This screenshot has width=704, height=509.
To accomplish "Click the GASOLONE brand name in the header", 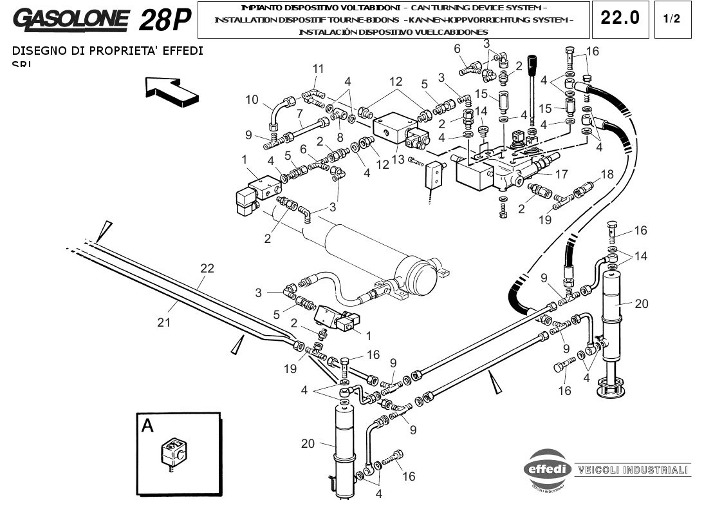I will point(70,19).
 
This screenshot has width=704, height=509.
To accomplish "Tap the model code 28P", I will point(165,20).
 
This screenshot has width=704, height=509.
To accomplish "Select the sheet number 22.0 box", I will point(620,18).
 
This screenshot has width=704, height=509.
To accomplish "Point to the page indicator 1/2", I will point(671,19).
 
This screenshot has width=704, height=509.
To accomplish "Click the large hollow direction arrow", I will point(171,90).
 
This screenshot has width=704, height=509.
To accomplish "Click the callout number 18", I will point(607,174).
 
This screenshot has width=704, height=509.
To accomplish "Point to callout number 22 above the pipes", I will point(207,268).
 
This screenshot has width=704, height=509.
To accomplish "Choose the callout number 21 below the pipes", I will point(164,322).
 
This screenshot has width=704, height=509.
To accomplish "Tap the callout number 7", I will point(300,113).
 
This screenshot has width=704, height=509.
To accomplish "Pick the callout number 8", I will point(340,137).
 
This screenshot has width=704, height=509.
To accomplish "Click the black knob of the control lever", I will point(532,65).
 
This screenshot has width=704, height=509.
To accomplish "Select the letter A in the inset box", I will point(148,426).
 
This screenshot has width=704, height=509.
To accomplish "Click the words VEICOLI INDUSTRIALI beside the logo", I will point(633,470).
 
